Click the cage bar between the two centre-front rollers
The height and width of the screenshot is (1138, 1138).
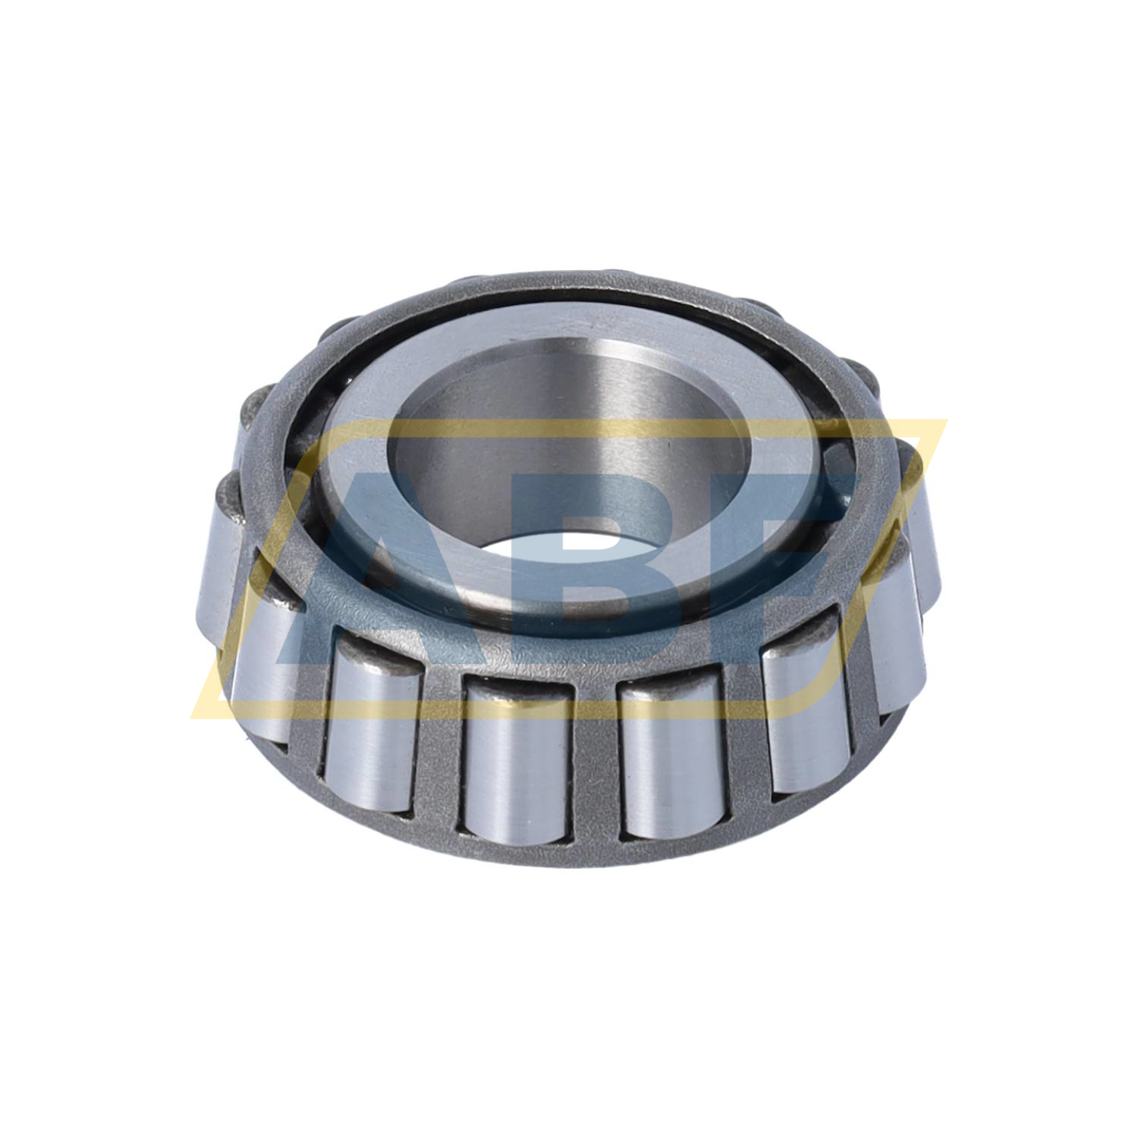[x=596, y=759]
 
